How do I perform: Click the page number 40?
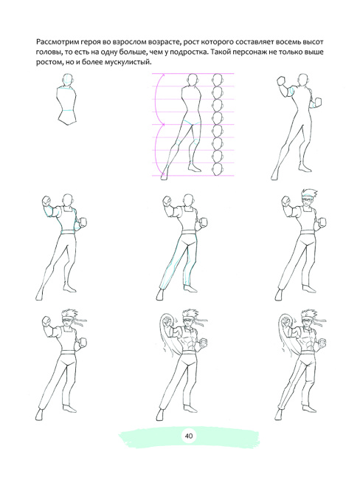189,435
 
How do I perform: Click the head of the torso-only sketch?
69,80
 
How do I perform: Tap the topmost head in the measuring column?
218,80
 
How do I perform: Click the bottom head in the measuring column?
218,170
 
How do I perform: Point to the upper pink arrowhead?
163,75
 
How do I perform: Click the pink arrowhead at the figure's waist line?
163,124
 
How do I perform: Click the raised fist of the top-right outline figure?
282,82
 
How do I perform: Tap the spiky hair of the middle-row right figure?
309,193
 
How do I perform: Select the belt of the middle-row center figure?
187,233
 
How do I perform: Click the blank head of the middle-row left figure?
68,201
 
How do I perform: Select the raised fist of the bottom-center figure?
167,323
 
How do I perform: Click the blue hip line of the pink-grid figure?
192,123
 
